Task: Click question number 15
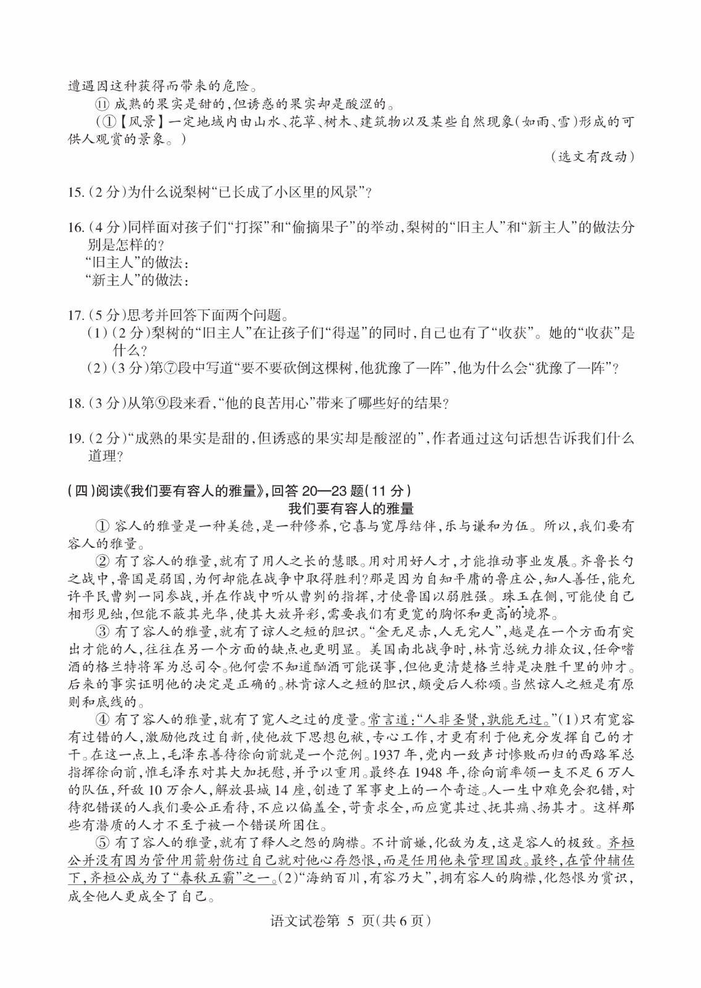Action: (75, 192)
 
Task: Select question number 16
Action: (75, 227)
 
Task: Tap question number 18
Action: (75, 404)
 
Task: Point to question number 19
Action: (75, 439)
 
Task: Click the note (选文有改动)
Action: (592, 157)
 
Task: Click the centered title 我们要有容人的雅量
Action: (351, 509)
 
